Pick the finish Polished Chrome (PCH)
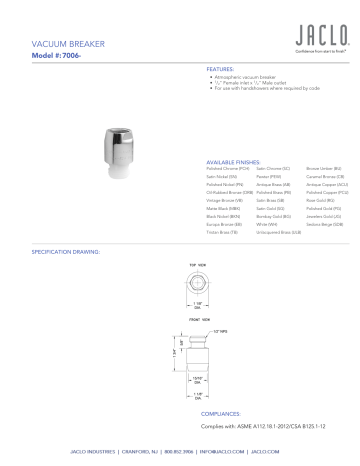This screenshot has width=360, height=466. (x=227, y=167)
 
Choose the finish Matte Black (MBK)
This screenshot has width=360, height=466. (x=223, y=205)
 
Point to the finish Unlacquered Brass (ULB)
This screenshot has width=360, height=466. (x=278, y=230)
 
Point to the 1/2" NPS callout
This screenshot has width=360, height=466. (x=223, y=331)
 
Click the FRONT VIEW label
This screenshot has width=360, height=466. (x=198, y=320)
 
